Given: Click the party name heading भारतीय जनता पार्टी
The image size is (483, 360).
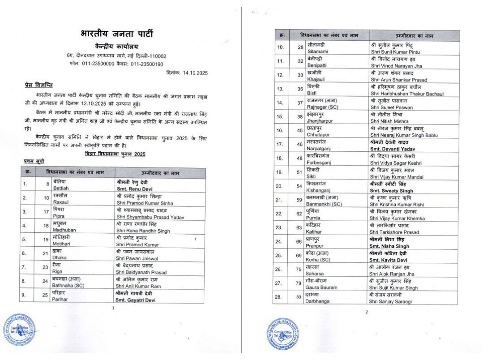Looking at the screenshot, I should [x=117, y=34].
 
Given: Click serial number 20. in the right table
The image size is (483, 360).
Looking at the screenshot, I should [x=281, y=186].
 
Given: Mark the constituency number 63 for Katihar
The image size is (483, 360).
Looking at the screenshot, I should [x=299, y=227].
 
